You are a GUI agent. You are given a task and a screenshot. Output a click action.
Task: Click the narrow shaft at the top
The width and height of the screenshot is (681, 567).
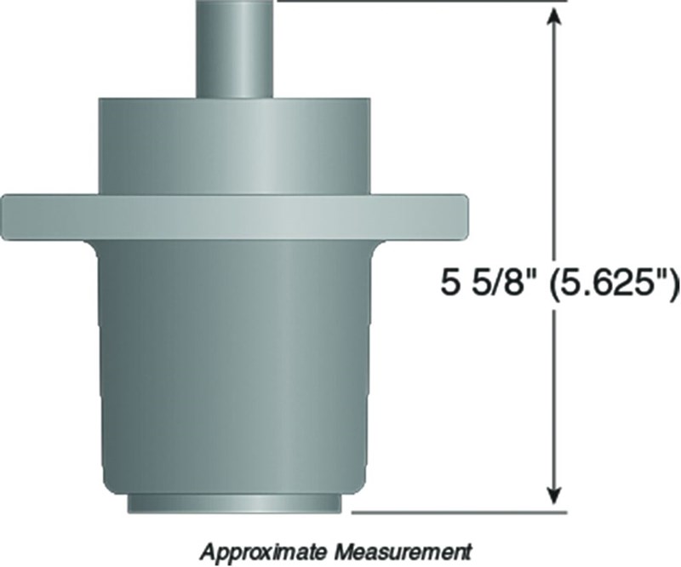[235, 49]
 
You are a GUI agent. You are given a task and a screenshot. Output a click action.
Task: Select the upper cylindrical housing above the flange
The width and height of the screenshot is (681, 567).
[235, 146]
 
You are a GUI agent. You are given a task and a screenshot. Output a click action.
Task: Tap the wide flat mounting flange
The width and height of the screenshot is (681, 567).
[235, 218]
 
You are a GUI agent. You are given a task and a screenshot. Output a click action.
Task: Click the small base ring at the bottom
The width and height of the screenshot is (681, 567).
[235, 504]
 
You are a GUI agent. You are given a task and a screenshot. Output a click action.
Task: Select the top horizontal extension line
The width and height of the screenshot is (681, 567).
[422, 1]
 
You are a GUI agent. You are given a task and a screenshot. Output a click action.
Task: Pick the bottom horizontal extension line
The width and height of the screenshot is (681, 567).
[459, 513]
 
